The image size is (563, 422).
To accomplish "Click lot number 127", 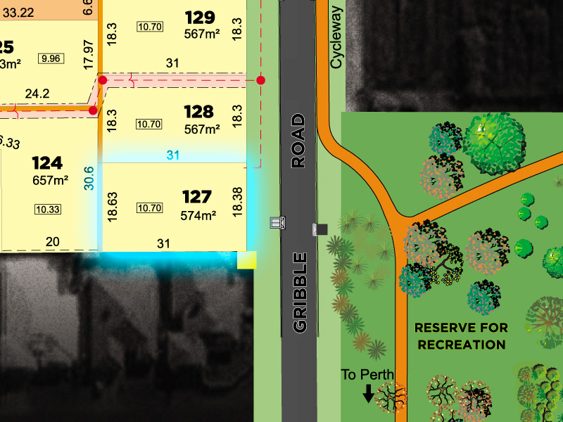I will (x=198, y=196).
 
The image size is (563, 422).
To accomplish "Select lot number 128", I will (x=198, y=111).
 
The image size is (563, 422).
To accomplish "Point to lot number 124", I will (x=47, y=163).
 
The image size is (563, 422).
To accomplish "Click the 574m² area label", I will (x=198, y=216).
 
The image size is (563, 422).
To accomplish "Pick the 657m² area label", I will (x=50, y=181).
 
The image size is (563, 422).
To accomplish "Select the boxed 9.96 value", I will (x=51, y=58).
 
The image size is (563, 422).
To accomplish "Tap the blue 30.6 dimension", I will (x=89, y=179).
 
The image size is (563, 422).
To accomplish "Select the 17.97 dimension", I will (x=88, y=54).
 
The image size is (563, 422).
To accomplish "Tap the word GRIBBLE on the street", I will (x=299, y=291).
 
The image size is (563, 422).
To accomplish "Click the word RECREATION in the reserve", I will (x=461, y=345).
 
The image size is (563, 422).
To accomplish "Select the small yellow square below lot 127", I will (x=247, y=261).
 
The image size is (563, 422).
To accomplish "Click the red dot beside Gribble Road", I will (x=261, y=80).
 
